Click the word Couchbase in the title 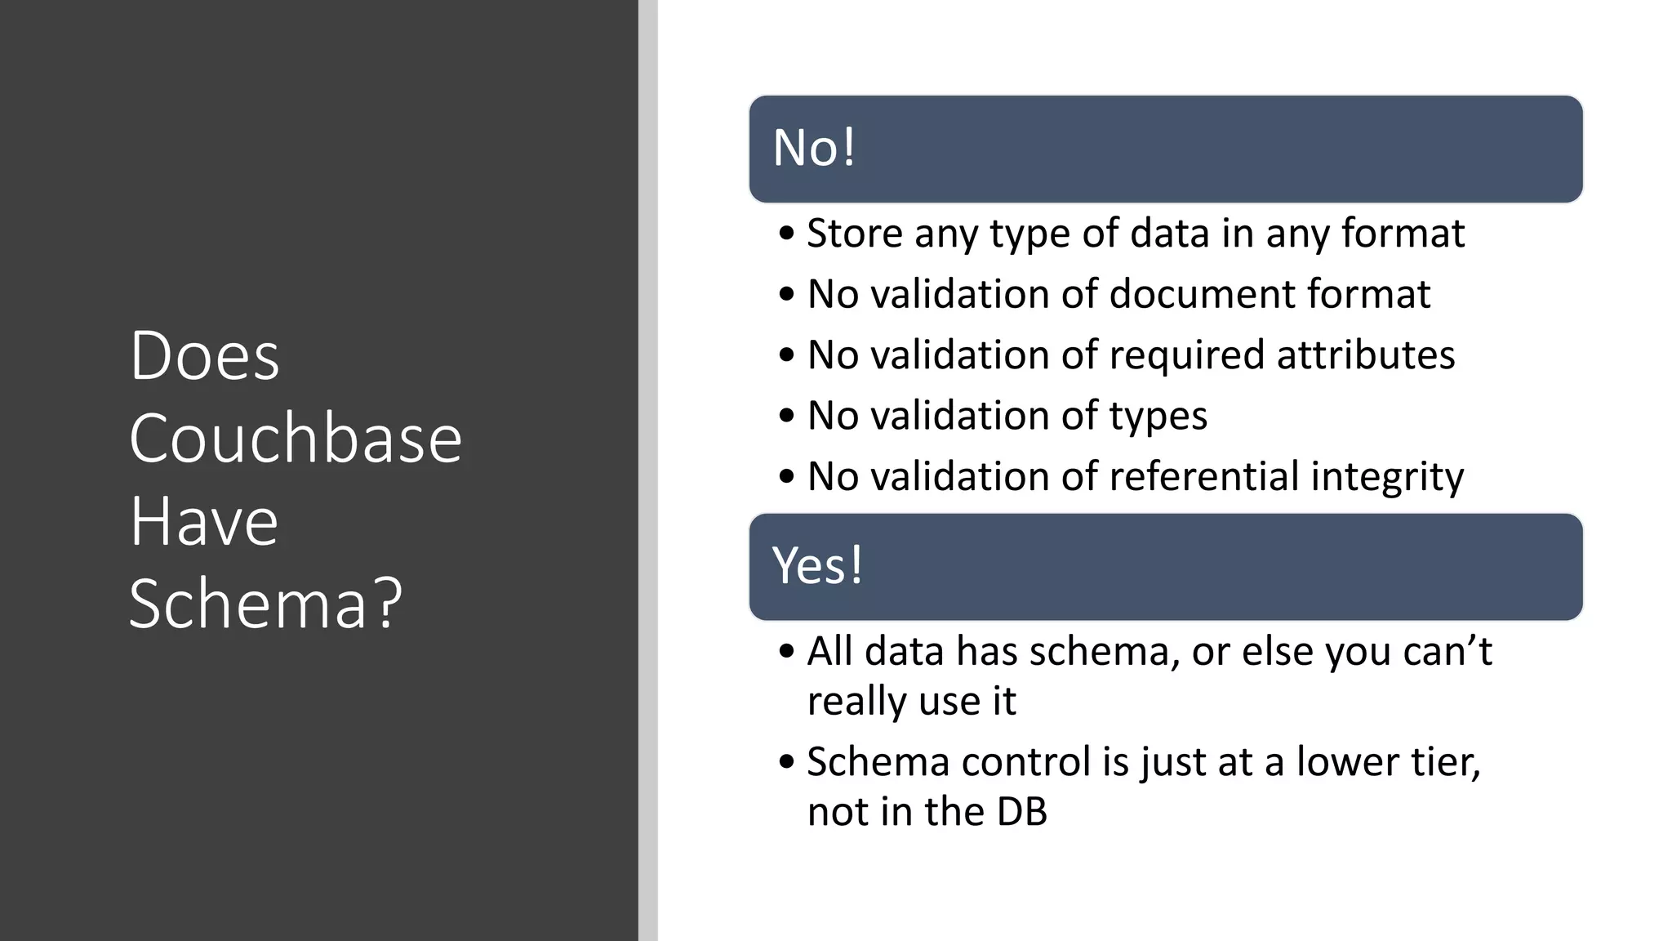click(295, 439)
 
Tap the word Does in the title click(204, 356)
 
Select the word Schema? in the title click(265, 604)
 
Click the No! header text click(814, 148)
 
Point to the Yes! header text click(817, 565)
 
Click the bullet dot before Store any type click(786, 234)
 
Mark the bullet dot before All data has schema click(786, 652)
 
